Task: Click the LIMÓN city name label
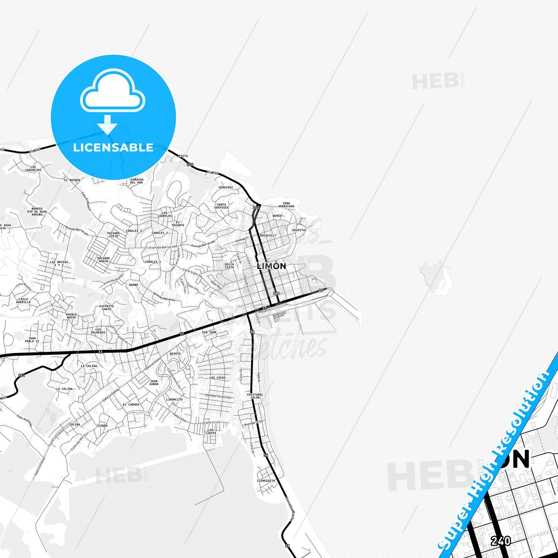pos(271,266)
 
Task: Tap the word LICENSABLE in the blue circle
pos(113,148)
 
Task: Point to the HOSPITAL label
pos(299,230)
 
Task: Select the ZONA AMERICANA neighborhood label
pos(286,205)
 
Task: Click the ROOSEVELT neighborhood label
pos(268,236)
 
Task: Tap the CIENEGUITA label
pos(266,481)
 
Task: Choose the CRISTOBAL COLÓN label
pos(255,396)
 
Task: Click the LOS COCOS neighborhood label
pos(217,378)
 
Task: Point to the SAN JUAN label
pos(209,332)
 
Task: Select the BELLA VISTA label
pos(229,266)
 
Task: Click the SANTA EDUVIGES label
pos(222,206)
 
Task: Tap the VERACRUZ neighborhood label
pos(226,187)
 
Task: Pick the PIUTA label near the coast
pos(183,156)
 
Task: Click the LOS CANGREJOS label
pos(33,169)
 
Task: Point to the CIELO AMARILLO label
pos(23,300)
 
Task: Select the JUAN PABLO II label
pos(32,340)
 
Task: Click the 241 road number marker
pos(22,375)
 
